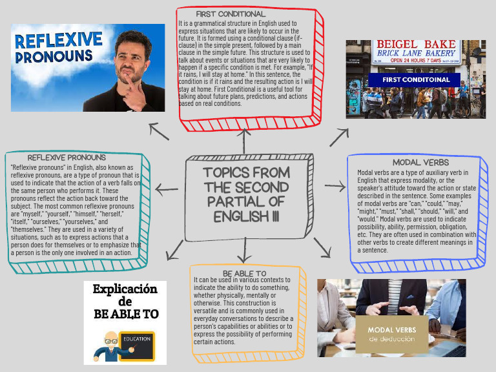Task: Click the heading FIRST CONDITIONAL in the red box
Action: point(231,14)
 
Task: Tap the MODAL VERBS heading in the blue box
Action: point(420,163)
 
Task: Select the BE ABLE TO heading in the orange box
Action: point(244,274)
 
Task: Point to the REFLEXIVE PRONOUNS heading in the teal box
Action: point(67,157)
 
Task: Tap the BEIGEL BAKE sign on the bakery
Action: point(416,44)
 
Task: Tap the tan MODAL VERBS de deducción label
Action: point(392,334)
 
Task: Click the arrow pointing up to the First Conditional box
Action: point(244,139)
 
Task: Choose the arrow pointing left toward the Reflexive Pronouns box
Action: point(167,189)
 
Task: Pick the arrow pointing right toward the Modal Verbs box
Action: point(335,187)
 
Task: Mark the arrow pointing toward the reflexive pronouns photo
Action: point(159,131)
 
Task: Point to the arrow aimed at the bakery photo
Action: point(339,136)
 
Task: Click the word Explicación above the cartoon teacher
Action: point(125,289)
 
